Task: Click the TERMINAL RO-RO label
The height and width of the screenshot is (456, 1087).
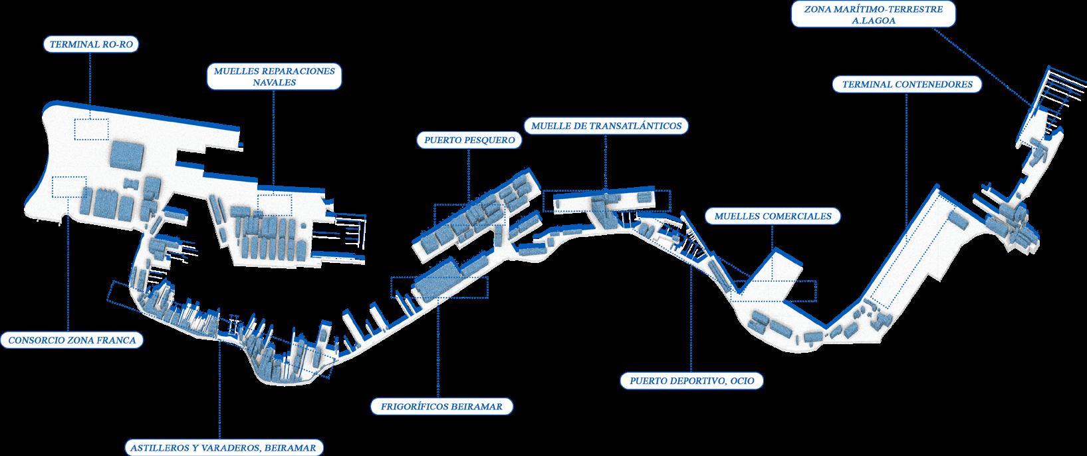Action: pos(94,45)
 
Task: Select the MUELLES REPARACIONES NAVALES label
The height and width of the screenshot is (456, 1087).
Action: pos(275,77)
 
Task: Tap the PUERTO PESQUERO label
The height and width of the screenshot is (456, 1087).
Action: pos(469,140)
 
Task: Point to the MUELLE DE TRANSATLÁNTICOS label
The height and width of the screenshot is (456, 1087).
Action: pos(606,125)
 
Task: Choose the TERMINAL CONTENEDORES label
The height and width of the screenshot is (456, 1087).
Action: pos(907,85)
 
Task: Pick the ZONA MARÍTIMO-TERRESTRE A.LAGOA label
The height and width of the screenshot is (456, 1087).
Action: pos(874,15)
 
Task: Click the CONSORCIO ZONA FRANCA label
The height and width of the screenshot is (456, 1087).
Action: pos(72,340)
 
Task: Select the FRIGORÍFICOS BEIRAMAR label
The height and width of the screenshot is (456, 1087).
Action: pos(442,406)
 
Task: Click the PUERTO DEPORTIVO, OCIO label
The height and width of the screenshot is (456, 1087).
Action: pos(691,381)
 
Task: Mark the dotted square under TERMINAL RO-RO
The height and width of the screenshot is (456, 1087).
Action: pos(91,129)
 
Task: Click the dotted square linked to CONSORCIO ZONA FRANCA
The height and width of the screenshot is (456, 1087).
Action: pos(69,187)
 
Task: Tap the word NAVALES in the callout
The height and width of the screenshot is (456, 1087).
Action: pos(275,83)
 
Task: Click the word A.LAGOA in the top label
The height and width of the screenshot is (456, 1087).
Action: pos(874,21)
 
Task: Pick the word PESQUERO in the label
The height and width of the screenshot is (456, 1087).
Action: pos(489,140)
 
